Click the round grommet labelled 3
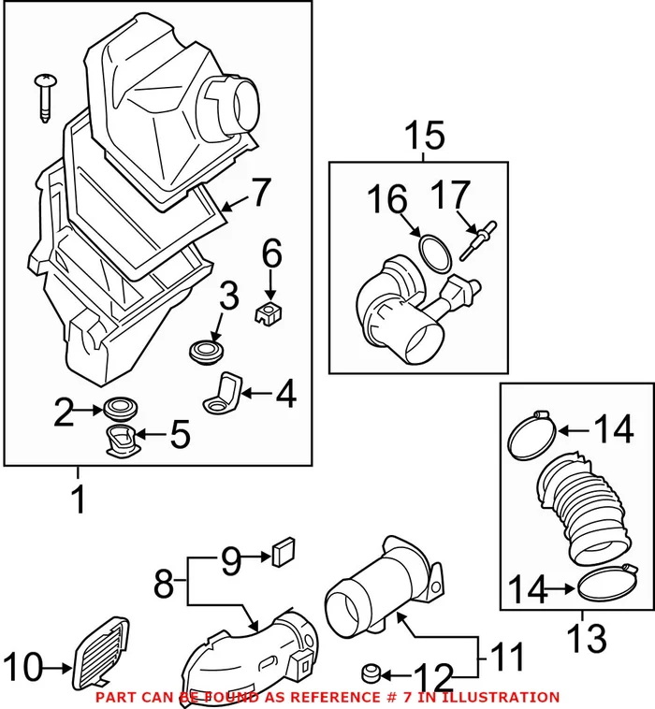(x=205, y=352)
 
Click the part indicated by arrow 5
(x=120, y=441)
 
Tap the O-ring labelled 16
(x=431, y=252)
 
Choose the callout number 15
(x=426, y=137)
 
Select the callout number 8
(x=163, y=586)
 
